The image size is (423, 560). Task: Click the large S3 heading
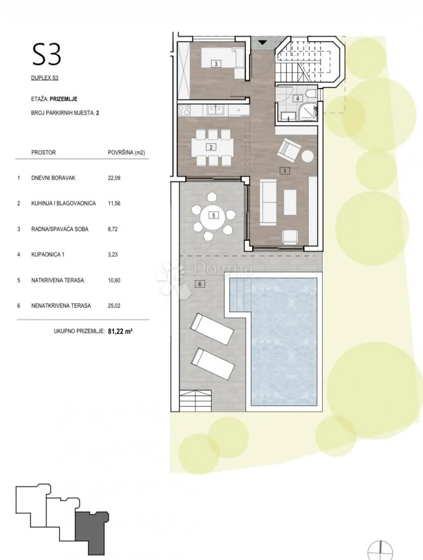47,54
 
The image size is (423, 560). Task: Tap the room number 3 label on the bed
216,64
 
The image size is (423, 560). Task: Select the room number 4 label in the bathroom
298,98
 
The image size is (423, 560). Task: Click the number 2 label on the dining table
211,147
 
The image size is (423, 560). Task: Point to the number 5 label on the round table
214,216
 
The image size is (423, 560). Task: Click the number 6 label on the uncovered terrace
200,284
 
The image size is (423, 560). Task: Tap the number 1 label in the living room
285,171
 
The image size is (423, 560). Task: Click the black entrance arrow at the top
263,42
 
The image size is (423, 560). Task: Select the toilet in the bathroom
312,94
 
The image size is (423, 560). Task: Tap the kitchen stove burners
184,111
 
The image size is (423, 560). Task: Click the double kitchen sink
216,110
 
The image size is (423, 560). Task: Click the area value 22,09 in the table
114,178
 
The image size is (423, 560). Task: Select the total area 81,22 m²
120,331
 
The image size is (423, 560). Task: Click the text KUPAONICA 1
48,255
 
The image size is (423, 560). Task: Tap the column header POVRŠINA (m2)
126,153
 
